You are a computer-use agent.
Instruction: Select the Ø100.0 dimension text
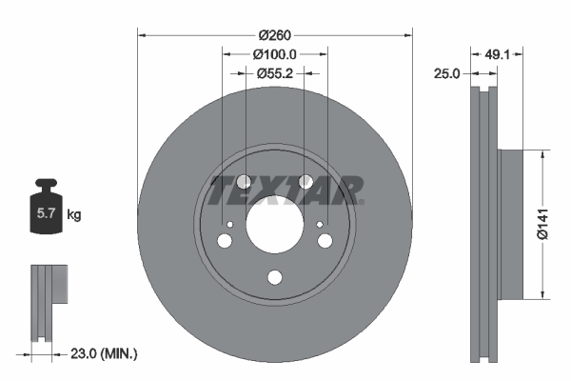[276, 55]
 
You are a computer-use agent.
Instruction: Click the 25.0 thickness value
[447, 72]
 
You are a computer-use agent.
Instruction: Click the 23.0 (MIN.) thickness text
[105, 353]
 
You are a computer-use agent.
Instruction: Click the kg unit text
[73, 215]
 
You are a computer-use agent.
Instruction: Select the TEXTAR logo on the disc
[285, 190]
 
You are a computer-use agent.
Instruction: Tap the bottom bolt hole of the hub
[275, 278]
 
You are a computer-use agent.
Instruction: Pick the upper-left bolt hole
[244, 182]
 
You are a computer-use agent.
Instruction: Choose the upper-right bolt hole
[306, 182]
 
